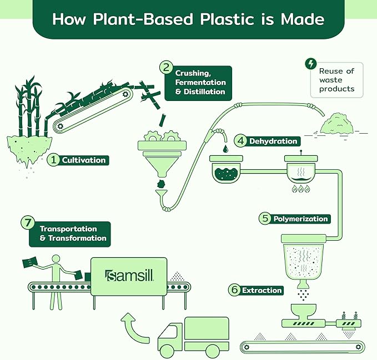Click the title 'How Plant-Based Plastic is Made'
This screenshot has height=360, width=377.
188,18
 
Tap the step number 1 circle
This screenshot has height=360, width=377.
53,160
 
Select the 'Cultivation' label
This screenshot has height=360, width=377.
83,160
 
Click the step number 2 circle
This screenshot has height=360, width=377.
166,68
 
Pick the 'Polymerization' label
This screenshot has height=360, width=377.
300,219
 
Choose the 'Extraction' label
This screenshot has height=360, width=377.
262,290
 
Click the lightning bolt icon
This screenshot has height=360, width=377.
311,64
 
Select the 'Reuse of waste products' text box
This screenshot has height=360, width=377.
336,80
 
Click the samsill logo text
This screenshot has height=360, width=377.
129,275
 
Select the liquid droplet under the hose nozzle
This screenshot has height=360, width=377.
225,149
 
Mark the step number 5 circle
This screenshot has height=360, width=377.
265,219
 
